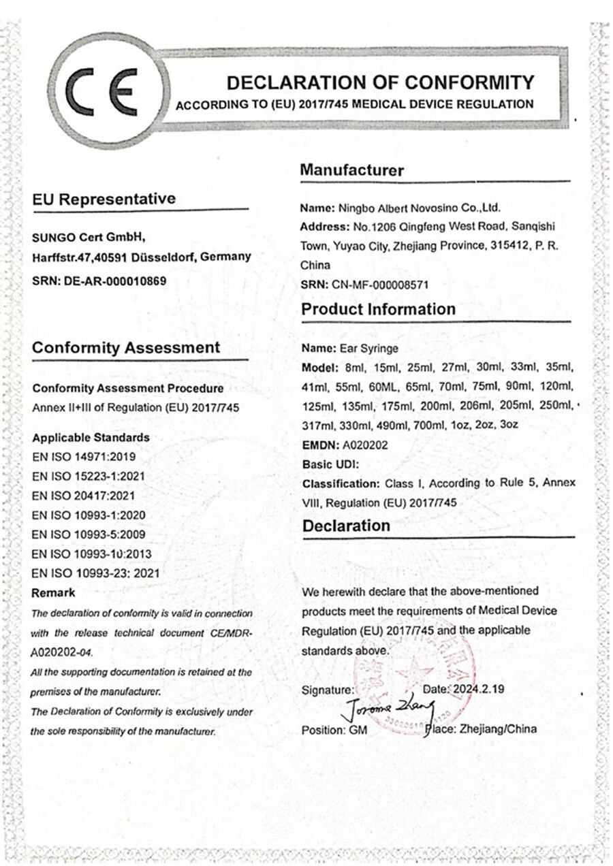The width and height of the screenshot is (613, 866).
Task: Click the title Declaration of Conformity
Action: [x=380, y=83]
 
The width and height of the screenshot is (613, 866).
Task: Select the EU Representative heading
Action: [x=104, y=199]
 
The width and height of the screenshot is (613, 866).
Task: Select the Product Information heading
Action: [x=378, y=309]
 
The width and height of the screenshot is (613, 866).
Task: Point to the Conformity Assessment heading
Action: [x=126, y=348]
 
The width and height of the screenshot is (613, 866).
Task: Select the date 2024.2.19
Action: [x=479, y=689]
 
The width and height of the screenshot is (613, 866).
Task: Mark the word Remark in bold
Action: [x=54, y=592]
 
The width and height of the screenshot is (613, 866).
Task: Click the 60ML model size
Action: [x=395, y=387]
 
